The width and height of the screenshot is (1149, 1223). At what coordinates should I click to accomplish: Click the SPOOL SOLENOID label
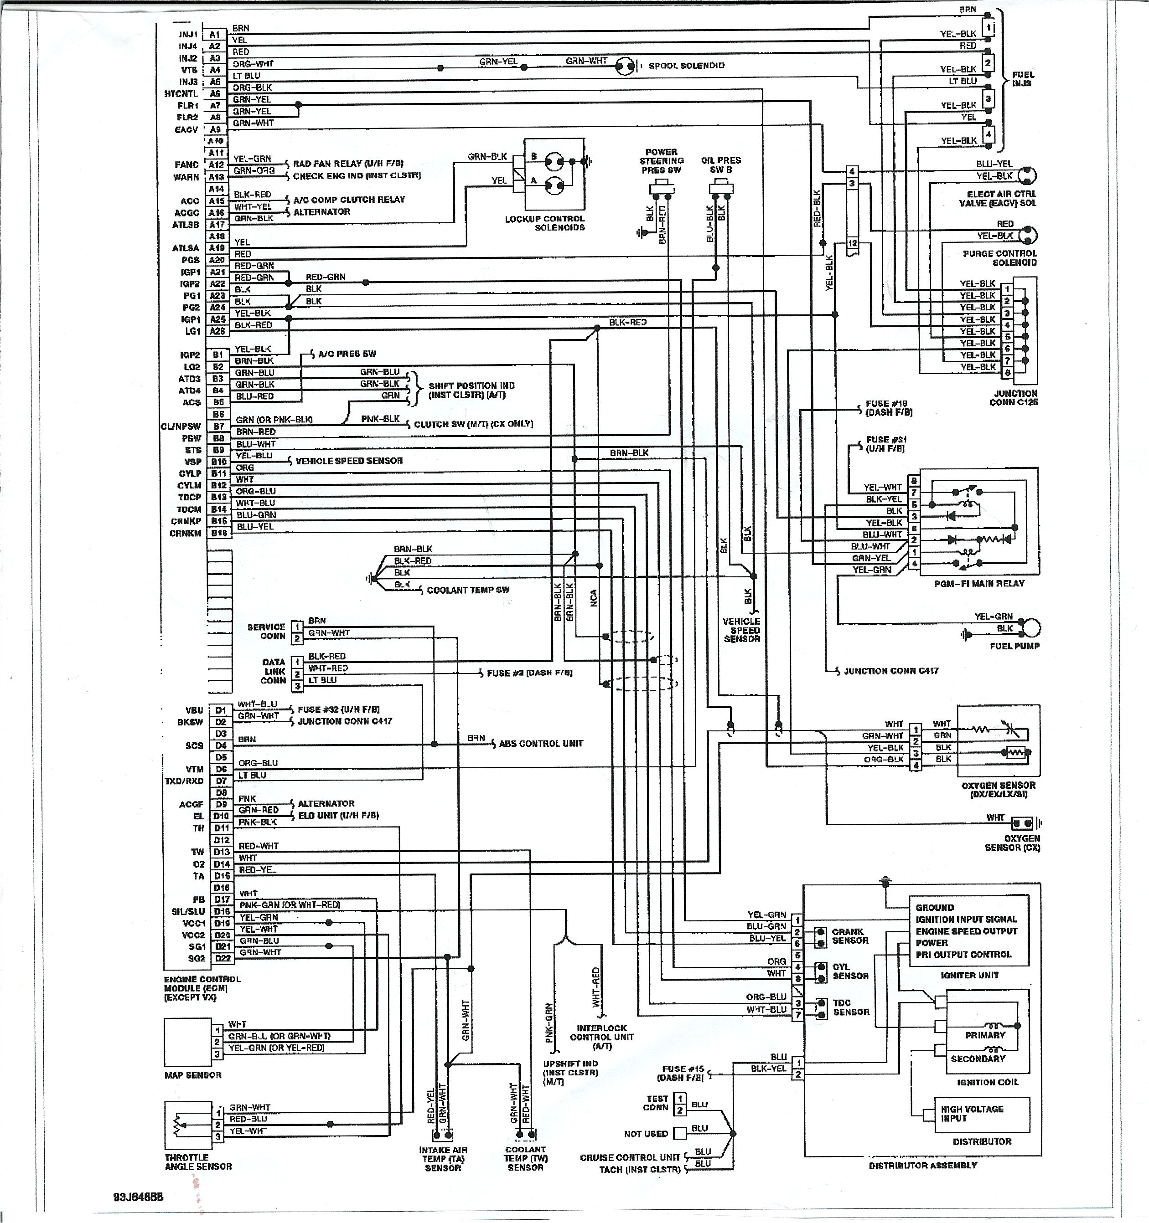coord(686,66)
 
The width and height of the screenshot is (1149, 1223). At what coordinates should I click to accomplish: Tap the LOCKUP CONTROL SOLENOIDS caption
coord(545,223)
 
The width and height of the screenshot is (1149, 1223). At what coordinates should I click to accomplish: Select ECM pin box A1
coord(214,35)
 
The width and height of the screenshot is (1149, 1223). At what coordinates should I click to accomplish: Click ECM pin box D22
coord(222,958)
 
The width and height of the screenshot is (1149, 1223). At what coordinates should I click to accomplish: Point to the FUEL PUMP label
coord(1014,646)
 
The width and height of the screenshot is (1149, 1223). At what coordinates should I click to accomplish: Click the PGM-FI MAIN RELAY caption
coord(979,583)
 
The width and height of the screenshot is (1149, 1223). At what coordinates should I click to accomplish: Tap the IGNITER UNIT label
coord(969,975)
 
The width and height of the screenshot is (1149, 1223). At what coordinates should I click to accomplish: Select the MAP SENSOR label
coord(192,1075)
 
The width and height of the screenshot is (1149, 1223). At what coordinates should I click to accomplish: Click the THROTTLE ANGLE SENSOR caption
coord(198,1161)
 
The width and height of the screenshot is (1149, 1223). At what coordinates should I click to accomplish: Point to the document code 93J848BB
coord(139,1197)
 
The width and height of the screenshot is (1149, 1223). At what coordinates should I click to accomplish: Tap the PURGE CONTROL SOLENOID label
coord(999,258)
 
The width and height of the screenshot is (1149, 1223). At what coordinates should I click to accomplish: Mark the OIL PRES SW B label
coord(721,165)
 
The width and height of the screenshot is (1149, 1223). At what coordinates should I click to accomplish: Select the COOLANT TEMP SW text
coord(468,590)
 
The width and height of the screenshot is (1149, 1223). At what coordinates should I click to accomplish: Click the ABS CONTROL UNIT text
coord(540,743)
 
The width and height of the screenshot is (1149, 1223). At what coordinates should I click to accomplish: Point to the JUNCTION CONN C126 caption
coord(1014,397)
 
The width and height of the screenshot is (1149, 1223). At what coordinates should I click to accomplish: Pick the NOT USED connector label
coord(646,1134)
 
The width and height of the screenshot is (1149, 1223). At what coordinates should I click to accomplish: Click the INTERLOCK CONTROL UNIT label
coord(601,1037)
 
